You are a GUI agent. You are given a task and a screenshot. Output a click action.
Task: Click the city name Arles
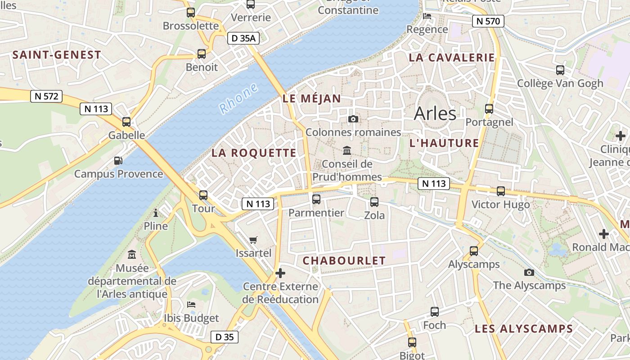(435, 113)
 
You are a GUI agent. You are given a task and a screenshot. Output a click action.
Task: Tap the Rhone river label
(238, 98)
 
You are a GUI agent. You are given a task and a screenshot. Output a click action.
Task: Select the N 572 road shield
(46, 96)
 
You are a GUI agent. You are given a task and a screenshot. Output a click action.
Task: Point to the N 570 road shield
(488, 21)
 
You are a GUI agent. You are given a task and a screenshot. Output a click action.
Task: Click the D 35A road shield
(243, 38)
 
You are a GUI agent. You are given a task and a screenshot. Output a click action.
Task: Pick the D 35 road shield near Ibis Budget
(224, 337)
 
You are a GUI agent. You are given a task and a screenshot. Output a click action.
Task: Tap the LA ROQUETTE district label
(254, 153)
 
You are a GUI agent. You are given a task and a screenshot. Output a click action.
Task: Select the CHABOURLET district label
(344, 261)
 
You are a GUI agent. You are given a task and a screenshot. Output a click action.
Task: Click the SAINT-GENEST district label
(57, 55)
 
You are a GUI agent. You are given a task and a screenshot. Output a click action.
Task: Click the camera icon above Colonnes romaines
(353, 119)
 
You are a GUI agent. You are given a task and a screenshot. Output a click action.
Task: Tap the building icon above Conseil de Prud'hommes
(347, 150)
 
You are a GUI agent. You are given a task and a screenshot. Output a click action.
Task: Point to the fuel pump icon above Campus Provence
(118, 160)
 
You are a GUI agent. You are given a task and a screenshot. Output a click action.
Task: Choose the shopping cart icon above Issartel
(253, 240)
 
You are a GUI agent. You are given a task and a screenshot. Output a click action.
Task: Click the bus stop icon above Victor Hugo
(500, 191)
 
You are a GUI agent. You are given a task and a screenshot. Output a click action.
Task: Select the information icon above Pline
(156, 213)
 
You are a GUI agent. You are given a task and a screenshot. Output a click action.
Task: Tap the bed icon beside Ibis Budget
(191, 305)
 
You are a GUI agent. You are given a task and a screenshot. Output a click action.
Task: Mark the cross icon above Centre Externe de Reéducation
(280, 273)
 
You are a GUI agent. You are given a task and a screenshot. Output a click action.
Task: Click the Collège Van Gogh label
(560, 83)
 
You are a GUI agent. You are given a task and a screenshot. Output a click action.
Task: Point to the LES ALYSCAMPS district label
(523, 329)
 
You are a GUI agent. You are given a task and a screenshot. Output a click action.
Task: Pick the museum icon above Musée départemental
(132, 255)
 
